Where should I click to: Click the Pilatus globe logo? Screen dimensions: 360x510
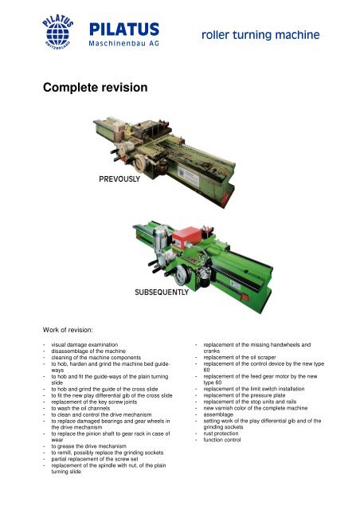tap(57, 32)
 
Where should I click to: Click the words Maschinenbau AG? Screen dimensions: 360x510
tap(124, 43)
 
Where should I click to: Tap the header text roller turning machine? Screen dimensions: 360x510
tap(260, 35)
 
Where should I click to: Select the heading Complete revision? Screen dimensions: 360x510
tap(96, 87)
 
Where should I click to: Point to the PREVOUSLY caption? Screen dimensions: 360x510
tap(119, 178)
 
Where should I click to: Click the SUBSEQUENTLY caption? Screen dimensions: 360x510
tap(162, 292)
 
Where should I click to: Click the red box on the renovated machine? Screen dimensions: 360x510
tap(186, 237)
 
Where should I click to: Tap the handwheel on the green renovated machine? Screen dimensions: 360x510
tap(182, 275)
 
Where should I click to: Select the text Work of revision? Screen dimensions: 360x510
tap(68, 330)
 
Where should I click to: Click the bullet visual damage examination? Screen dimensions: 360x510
tap(84, 344)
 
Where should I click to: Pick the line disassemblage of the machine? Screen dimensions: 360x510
tap(88, 351)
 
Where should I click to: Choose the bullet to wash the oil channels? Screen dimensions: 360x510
tap(80, 408)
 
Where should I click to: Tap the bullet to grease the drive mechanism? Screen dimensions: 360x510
tap(88, 446)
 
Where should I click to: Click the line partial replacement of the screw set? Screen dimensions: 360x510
tap(95, 459)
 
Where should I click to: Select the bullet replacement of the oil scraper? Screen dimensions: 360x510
tap(240, 357)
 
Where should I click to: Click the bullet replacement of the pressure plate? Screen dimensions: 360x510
tap(245, 395)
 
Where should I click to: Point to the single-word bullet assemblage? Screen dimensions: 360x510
tap(218, 414)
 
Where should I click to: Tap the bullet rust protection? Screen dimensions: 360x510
tap(221, 433)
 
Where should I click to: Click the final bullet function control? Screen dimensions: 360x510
tap(222, 440)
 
